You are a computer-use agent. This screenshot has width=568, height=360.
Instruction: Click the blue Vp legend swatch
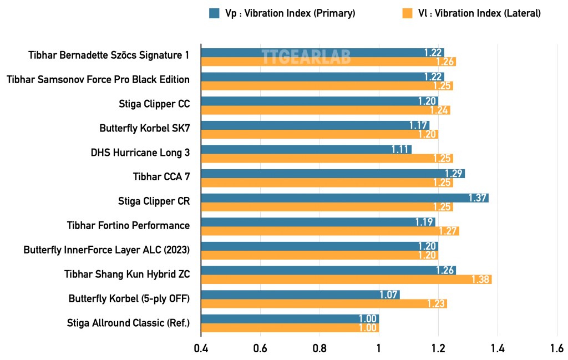[x=215, y=13]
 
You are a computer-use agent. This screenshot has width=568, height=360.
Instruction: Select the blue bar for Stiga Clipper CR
[x=344, y=198]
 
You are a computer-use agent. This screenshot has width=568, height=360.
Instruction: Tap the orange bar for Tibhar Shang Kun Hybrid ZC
[x=346, y=280]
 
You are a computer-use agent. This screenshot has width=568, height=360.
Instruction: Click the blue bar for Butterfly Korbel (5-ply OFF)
[x=300, y=295]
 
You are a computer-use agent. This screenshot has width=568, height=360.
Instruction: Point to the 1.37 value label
[x=478, y=198]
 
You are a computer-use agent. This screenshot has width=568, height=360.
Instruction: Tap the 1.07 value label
[x=389, y=295]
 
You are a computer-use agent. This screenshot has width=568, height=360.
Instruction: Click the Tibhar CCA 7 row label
[x=161, y=177]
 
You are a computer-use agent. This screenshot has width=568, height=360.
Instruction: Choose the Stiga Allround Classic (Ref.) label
[x=128, y=322]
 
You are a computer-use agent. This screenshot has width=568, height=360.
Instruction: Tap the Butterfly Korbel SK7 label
[x=144, y=128]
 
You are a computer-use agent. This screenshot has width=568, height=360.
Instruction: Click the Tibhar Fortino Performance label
[x=128, y=225]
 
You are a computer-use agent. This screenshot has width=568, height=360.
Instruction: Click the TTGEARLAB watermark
[x=306, y=57]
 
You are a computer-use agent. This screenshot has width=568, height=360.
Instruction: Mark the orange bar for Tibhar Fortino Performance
[x=329, y=231]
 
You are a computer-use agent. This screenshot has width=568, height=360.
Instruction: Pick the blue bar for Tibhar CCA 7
[x=332, y=174]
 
